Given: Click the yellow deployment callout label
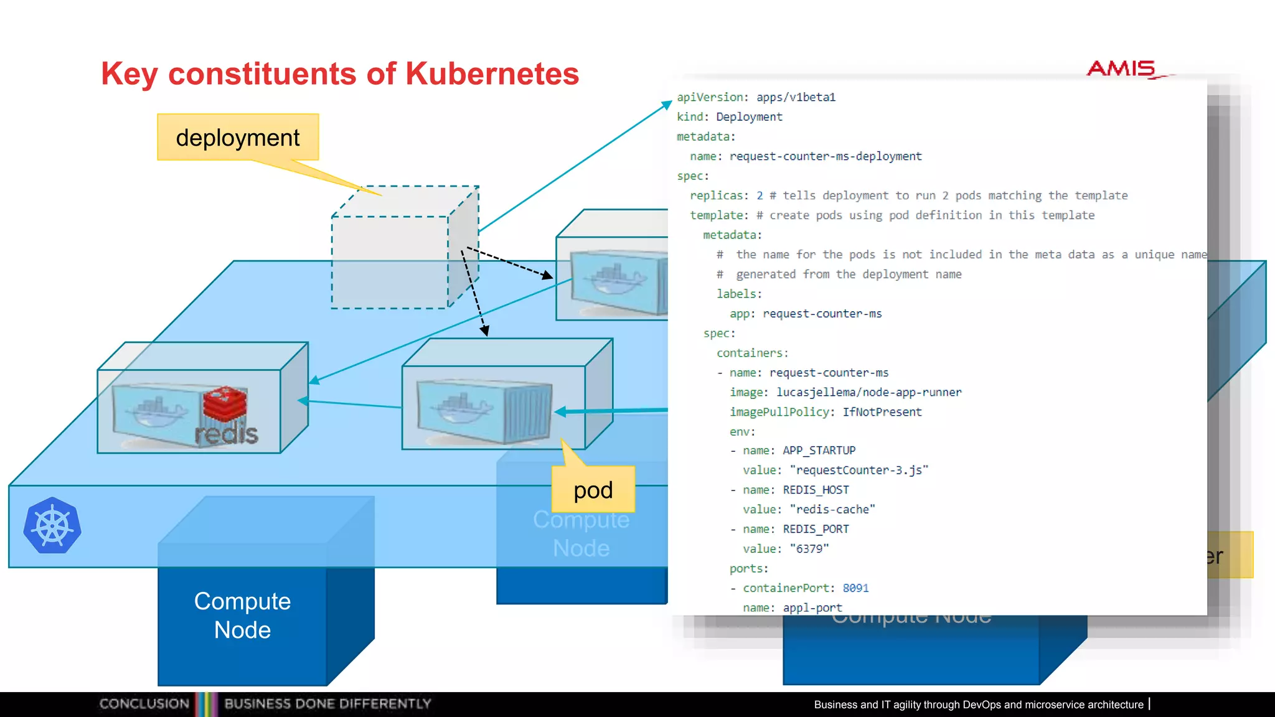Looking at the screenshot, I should (238, 138).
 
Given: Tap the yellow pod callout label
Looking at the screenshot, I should (593, 490).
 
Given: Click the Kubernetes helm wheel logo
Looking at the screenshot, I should (52, 526).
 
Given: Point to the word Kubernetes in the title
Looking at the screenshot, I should (492, 73).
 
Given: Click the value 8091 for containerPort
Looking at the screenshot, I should (855, 588).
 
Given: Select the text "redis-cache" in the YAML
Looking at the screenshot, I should (832, 509).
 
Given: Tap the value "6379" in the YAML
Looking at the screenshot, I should (809, 548).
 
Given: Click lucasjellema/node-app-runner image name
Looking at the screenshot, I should (868, 392).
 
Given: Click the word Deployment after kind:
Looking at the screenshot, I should (749, 116).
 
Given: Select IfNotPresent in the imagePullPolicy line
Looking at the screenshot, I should (882, 412).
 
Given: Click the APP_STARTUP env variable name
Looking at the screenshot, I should (819, 450).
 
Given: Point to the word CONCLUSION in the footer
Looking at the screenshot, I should (144, 703).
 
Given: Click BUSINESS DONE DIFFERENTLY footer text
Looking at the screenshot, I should (327, 703).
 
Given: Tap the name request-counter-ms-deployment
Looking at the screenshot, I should (826, 156).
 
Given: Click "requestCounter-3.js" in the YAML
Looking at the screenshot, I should (859, 470).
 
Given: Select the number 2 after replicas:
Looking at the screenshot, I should (760, 195).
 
